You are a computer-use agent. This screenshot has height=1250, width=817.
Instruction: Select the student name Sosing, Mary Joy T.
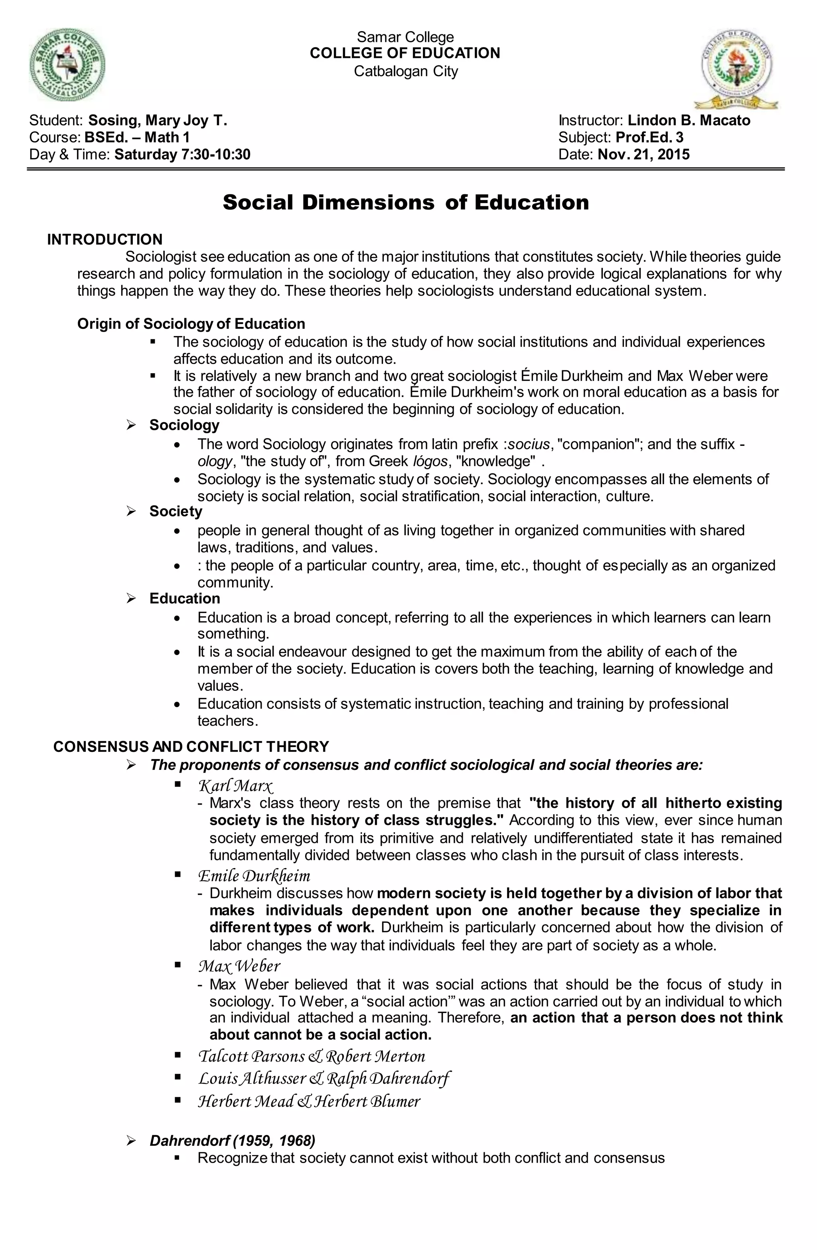pos(158,121)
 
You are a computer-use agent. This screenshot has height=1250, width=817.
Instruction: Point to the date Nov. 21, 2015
pos(643,154)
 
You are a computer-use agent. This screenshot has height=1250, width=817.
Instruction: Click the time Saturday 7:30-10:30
pos(182,154)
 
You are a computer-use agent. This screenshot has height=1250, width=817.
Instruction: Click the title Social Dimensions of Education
pos(405,203)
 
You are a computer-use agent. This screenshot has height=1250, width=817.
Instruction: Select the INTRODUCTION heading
pos(105,239)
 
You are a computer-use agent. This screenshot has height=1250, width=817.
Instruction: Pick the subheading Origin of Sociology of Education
pos(191,324)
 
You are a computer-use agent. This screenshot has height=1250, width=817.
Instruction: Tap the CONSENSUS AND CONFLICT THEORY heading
pos(191,746)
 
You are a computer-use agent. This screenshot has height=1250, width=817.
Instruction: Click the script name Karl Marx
pos(236,786)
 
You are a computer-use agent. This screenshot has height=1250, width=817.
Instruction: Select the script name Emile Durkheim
pos(254,876)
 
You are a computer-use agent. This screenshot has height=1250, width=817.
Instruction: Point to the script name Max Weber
pos(239,966)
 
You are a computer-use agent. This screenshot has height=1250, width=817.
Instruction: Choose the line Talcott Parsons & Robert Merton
pos(312,1056)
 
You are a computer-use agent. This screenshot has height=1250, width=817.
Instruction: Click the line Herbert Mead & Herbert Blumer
pos(309,1102)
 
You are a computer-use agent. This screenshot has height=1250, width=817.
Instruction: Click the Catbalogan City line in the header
pos(405,71)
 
